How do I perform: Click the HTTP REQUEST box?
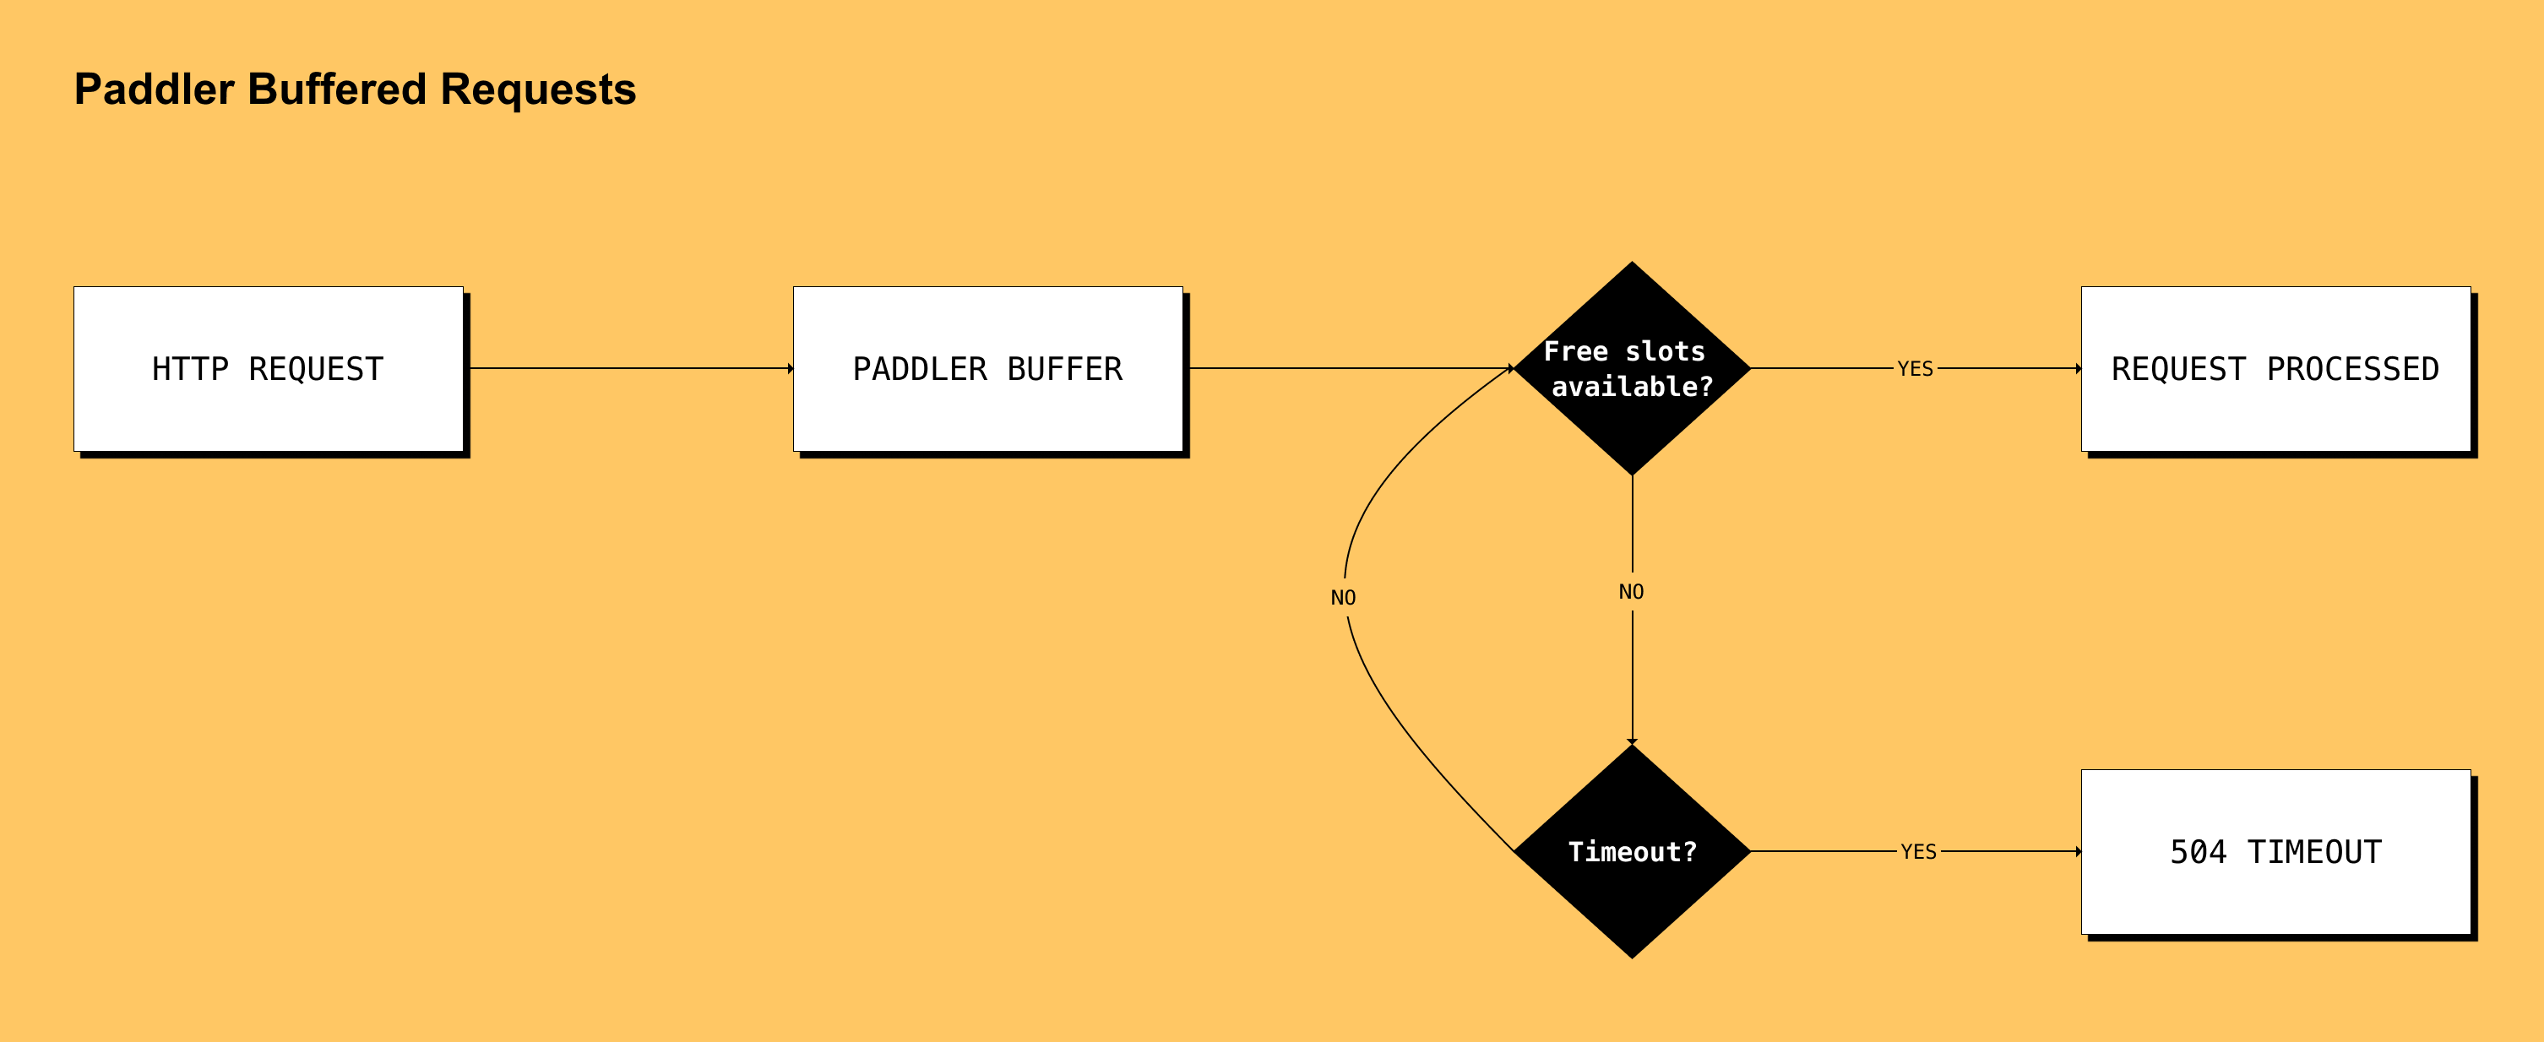coord(268,368)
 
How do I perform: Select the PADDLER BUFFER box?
coord(987,368)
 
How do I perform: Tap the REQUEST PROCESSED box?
coord(2275,368)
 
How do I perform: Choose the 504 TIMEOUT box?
coord(2275,850)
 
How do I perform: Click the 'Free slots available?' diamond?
coord(1632,368)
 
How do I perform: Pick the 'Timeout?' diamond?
coord(1632,850)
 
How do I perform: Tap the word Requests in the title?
coord(537,89)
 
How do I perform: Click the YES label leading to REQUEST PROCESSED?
coord(1915,368)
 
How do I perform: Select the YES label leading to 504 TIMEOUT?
coord(1918,850)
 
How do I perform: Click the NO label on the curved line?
coord(1343,598)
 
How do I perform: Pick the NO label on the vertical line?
coord(1630,592)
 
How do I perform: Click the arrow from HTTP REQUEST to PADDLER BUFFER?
coord(632,368)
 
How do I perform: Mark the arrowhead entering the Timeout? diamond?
coord(1632,740)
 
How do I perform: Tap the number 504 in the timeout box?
coord(2198,850)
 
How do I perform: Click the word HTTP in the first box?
coord(189,368)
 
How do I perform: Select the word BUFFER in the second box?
coord(1064,368)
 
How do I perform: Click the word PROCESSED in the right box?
coord(2351,368)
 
